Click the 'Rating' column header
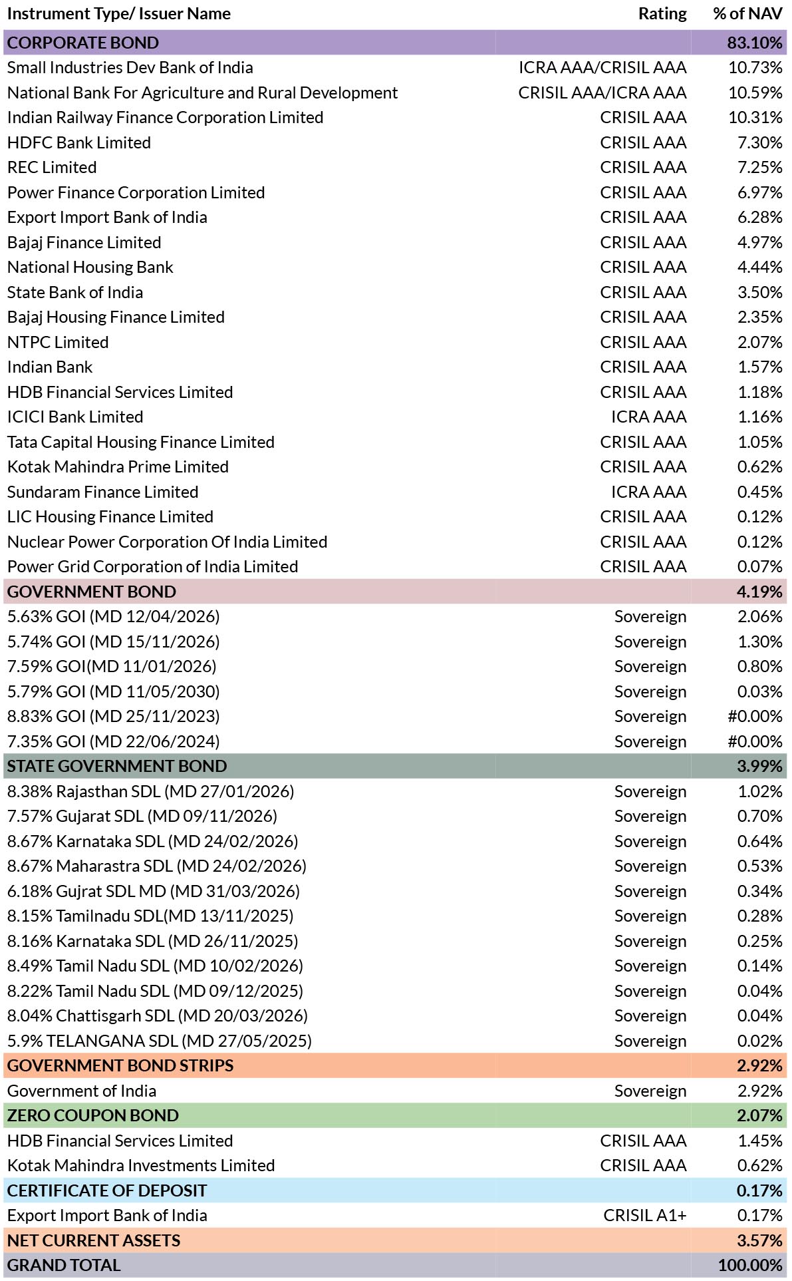click(662, 14)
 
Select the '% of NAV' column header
click(747, 14)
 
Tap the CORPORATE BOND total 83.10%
click(755, 43)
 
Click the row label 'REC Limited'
click(52, 168)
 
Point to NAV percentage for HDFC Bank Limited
click(760, 142)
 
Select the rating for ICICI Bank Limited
click(649, 417)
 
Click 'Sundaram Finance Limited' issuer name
click(103, 492)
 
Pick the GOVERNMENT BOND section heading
click(92, 592)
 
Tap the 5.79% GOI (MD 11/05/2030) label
click(114, 691)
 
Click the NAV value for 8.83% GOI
click(755, 717)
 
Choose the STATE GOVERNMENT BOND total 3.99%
click(759, 767)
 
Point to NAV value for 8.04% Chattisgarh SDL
click(760, 1016)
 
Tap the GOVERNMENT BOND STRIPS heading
click(120, 1066)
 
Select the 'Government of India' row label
click(82, 1091)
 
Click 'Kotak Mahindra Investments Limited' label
click(141, 1166)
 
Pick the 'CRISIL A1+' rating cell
click(645, 1216)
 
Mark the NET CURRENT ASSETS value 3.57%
click(759, 1240)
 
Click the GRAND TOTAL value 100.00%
click(750, 1266)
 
